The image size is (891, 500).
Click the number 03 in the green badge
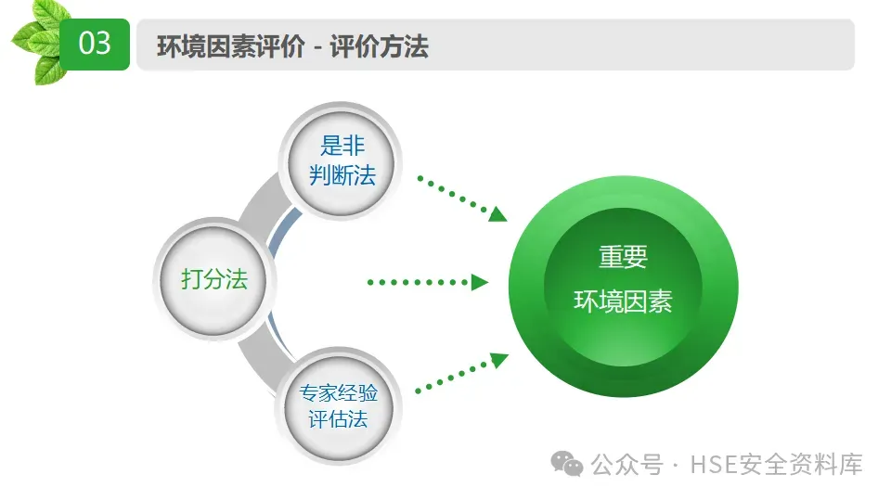click(x=95, y=44)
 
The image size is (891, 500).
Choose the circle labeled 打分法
click(x=214, y=279)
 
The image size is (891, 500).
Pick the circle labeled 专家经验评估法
click(x=338, y=405)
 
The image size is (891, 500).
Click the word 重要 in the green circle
click(x=623, y=257)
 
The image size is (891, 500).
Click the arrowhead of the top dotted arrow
click(x=498, y=214)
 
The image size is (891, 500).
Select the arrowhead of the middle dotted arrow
click(x=480, y=282)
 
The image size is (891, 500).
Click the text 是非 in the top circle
click(x=342, y=146)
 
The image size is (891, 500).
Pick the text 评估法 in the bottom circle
click(x=338, y=419)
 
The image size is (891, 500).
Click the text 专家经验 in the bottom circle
click(x=338, y=392)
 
